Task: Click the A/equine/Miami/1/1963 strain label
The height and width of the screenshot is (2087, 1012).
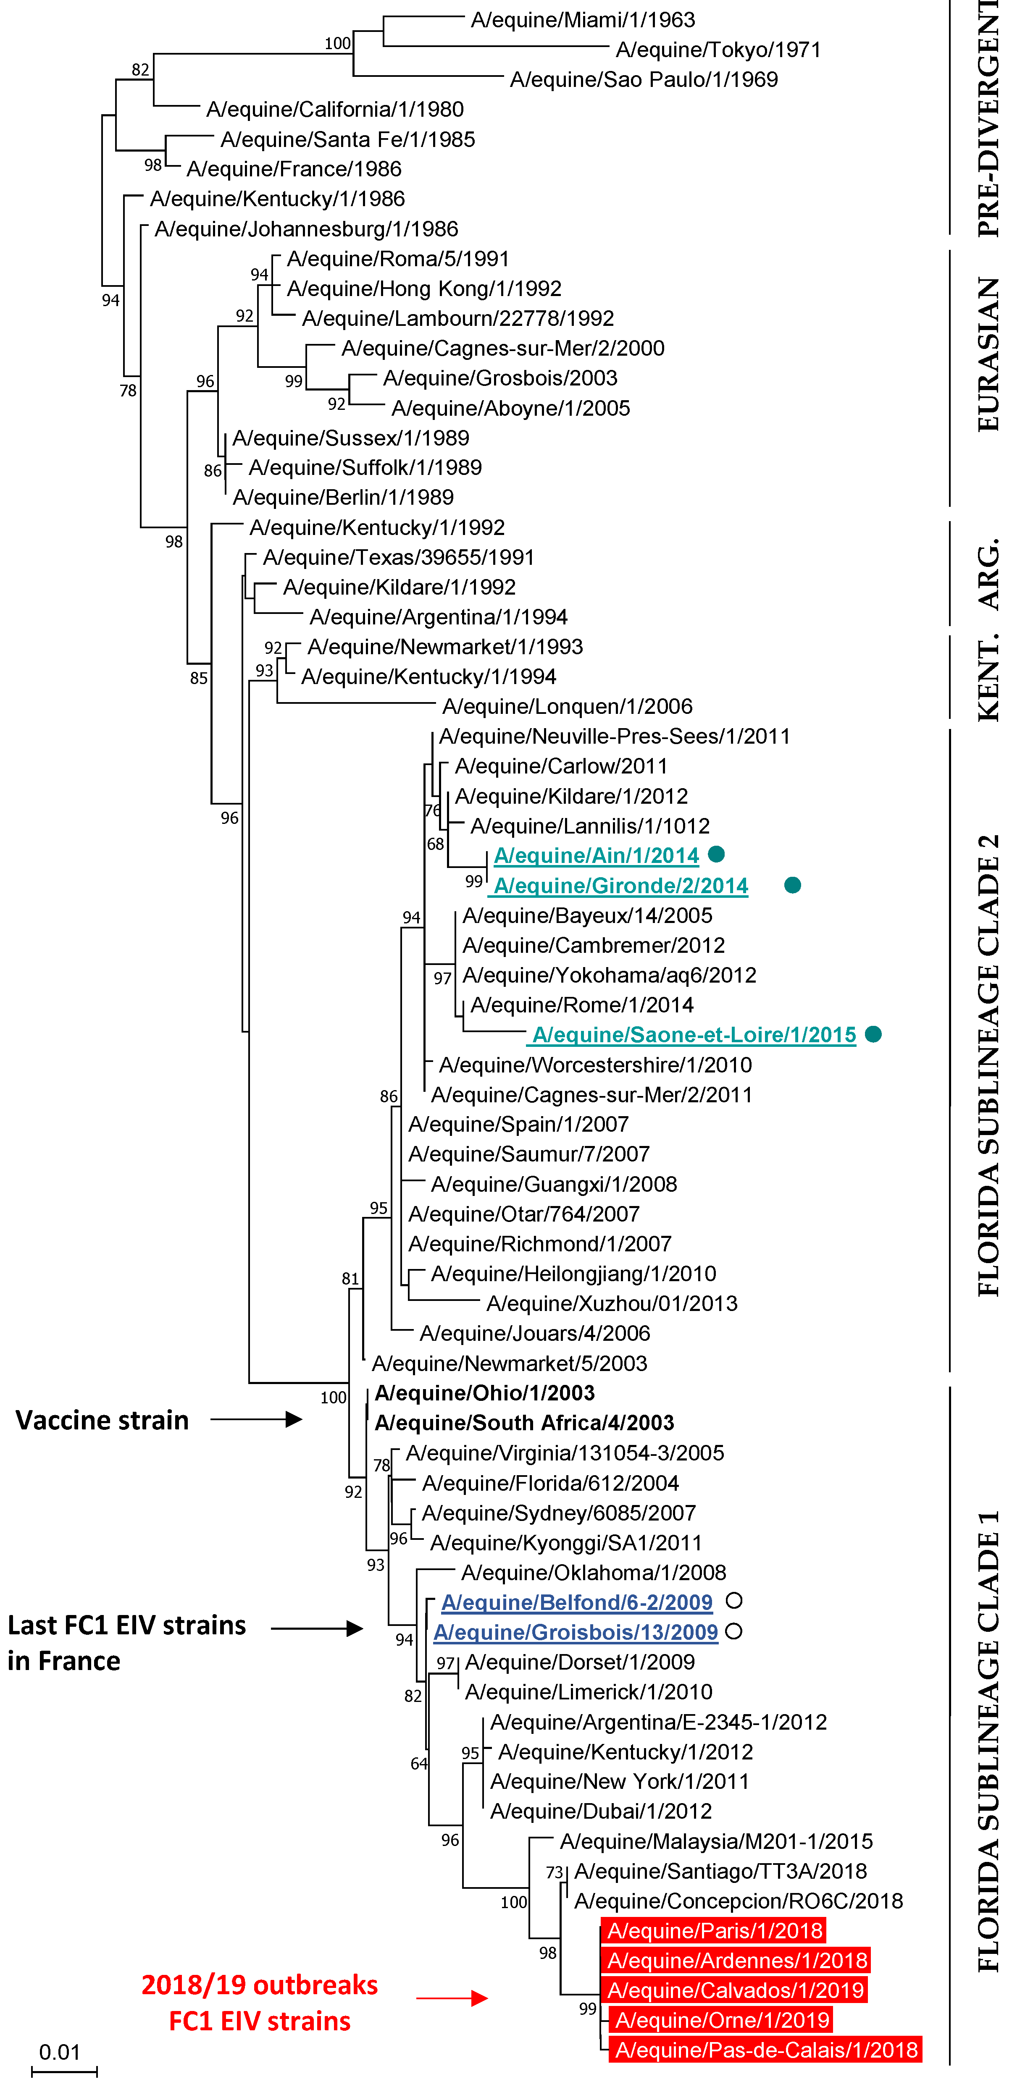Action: click(583, 19)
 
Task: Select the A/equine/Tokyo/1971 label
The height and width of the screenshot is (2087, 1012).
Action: click(718, 50)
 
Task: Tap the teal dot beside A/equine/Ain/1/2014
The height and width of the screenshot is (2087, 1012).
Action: click(715, 854)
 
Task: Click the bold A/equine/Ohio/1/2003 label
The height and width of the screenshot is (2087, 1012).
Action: click(484, 1393)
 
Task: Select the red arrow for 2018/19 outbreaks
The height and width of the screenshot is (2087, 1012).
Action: click(452, 1998)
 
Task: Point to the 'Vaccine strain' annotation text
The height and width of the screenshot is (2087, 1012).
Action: click(102, 1419)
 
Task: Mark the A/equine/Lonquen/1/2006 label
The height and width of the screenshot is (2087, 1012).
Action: click(567, 706)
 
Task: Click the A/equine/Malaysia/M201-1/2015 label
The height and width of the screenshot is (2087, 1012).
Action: click(716, 1841)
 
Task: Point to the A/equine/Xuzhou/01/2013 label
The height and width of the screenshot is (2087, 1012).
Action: click(612, 1303)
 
